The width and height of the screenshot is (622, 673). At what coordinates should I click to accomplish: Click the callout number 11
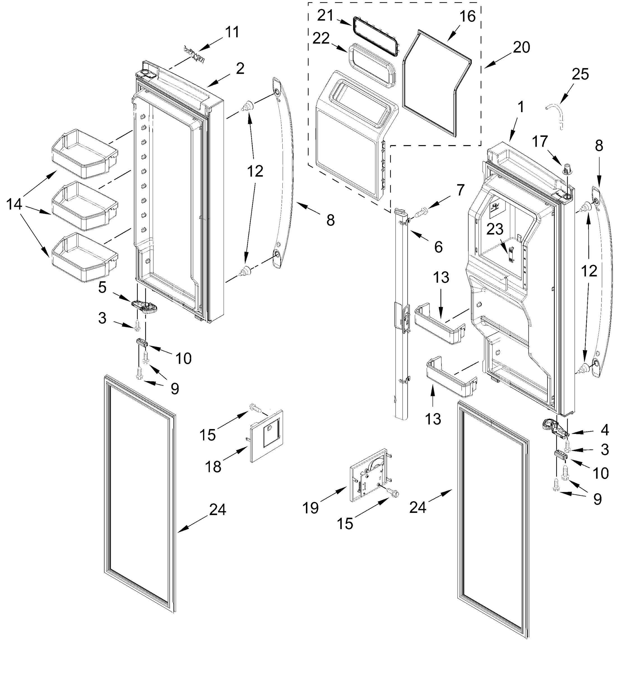pyautogui.click(x=232, y=32)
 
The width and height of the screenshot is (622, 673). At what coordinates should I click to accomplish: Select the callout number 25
pyautogui.click(x=580, y=74)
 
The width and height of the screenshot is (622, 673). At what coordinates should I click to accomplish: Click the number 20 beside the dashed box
pyautogui.click(x=521, y=47)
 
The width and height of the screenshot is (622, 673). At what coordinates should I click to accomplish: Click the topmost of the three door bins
pyautogui.click(x=85, y=154)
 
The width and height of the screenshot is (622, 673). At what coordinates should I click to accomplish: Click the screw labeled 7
pyautogui.click(x=421, y=213)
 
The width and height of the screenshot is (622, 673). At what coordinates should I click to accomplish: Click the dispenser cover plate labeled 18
pyautogui.click(x=266, y=437)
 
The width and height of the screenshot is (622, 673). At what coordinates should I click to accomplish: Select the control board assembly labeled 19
pyautogui.click(x=370, y=475)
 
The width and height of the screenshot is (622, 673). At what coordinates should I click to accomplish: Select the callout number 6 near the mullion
pyautogui.click(x=438, y=247)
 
